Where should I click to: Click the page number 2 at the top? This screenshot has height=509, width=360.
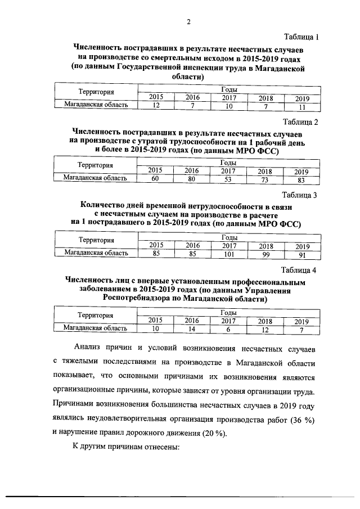click(x=188, y=22)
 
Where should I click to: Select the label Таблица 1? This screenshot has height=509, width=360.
click(x=302, y=38)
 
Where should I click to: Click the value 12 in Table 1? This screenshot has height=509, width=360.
click(x=156, y=105)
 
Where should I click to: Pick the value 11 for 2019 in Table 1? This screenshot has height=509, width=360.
click(x=302, y=107)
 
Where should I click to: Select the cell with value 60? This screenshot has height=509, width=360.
click(x=155, y=179)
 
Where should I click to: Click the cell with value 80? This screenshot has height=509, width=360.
click(x=192, y=179)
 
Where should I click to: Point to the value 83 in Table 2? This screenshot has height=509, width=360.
click(x=301, y=180)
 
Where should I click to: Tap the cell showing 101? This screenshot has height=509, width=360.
click(x=228, y=253)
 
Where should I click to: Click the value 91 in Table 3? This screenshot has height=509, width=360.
click(x=301, y=254)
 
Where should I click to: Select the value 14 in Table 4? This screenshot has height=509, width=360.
click(x=192, y=328)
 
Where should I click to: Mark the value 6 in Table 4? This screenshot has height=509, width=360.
click(x=228, y=328)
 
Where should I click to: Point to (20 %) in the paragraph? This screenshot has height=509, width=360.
click(x=226, y=433)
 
